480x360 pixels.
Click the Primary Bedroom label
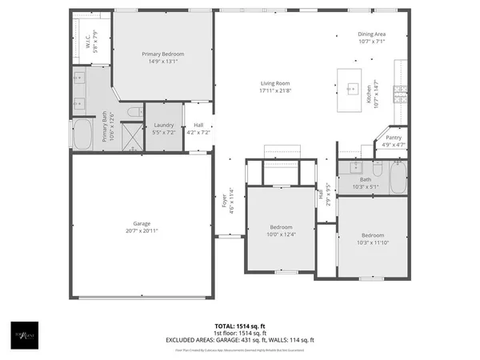pos(162,54)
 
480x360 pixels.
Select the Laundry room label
pos(164,125)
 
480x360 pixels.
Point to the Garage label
pos(142,223)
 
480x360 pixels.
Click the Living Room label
pos(274,83)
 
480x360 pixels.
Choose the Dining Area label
pos(372,34)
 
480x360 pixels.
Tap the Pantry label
pos(394,138)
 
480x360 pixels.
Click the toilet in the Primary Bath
pos(134,111)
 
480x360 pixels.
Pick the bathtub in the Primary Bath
pos(83,134)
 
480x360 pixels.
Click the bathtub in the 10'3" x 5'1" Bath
pos(397,178)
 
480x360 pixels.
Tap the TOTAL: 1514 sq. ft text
pos(240,326)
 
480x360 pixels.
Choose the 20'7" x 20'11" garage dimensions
pos(142,230)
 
